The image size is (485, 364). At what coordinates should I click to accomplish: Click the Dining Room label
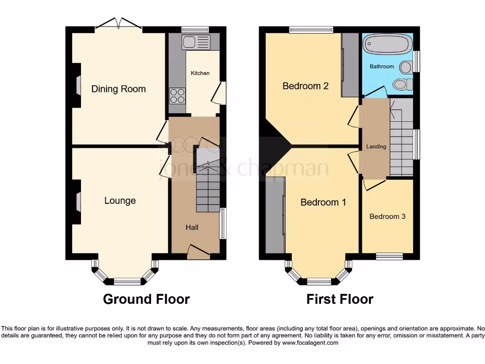click(118, 89)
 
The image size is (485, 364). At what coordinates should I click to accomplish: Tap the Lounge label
click(120, 200)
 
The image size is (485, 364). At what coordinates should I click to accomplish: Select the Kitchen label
click(200, 73)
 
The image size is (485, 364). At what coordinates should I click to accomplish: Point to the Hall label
click(192, 227)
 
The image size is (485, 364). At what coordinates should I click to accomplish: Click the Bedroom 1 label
click(323, 202)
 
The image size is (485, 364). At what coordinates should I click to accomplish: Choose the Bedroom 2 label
click(305, 86)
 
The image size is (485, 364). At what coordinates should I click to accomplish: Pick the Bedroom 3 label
click(387, 217)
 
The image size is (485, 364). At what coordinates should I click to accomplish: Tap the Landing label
click(376, 146)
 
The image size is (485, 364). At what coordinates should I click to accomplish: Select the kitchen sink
click(196, 42)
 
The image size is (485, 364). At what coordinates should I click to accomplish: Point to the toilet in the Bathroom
click(403, 85)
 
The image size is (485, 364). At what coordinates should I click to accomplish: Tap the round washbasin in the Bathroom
click(405, 67)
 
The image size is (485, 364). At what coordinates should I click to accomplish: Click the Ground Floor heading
click(146, 300)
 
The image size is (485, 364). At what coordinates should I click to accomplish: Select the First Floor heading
click(340, 300)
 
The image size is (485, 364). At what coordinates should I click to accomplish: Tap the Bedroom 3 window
click(389, 256)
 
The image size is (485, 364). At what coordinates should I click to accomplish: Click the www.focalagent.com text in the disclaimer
click(310, 343)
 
